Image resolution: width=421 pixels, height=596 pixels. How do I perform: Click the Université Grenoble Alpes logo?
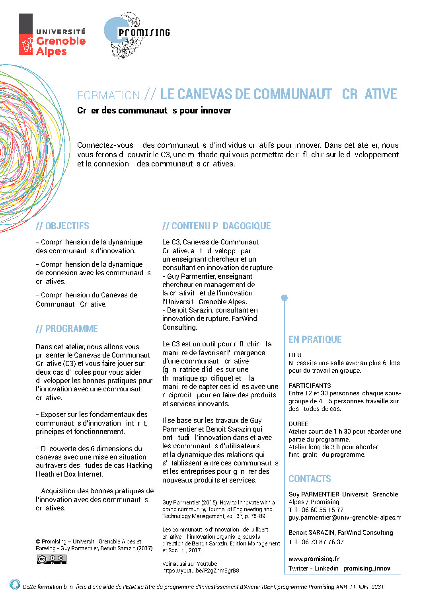[52, 35]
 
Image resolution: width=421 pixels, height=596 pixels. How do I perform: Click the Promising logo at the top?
[136, 35]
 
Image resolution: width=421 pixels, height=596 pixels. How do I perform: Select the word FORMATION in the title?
[109, 96]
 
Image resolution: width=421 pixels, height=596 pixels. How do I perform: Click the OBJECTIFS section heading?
[62, 226]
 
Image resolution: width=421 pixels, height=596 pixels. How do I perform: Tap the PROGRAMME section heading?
[66, 329]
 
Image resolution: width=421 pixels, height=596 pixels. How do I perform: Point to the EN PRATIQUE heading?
[315, 340]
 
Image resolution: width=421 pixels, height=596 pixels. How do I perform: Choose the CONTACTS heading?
[310, 479]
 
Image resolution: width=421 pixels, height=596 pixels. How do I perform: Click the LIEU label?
[295, 355]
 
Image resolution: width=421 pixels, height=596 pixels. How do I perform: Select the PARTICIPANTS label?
[310, 385]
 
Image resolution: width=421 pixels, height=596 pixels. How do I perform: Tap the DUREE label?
[298, 424]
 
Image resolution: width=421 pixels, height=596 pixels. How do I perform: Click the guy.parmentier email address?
[345, 518]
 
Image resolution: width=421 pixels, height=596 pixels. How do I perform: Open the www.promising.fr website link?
[314, 559]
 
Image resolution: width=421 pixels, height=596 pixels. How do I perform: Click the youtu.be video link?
[201, 571]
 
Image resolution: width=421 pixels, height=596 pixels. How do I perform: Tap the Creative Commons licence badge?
[52, 559]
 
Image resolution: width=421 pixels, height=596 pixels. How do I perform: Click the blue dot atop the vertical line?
[284, 298]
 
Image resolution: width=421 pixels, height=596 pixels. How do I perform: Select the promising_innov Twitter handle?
[366, 569]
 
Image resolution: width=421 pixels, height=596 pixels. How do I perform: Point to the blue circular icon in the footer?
[15, 584]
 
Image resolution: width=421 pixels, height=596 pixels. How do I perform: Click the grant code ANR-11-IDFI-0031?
[360, 586]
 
